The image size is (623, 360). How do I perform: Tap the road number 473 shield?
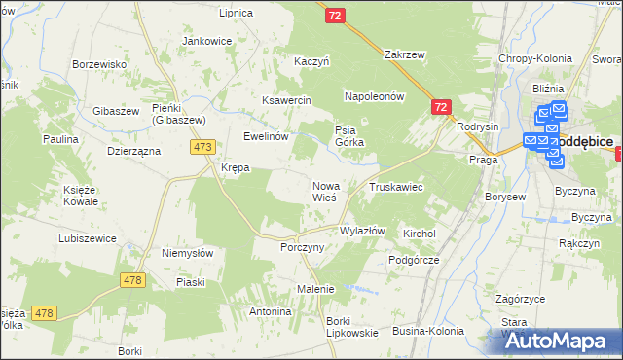[x=202, y=147]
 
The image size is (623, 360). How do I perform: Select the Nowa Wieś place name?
[x=324, y=192]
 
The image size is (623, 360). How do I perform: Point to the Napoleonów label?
[x=374, y=97]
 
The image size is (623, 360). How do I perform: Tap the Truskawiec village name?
[x=395, y=186]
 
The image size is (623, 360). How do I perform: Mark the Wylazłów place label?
[x=362, y=231]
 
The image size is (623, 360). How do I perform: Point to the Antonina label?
[x=270, y=312]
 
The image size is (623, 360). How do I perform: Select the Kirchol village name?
[x=420, y=234]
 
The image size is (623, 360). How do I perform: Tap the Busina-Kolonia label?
[x=428, y=332]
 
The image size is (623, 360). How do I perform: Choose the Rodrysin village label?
[x=477, y=126]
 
